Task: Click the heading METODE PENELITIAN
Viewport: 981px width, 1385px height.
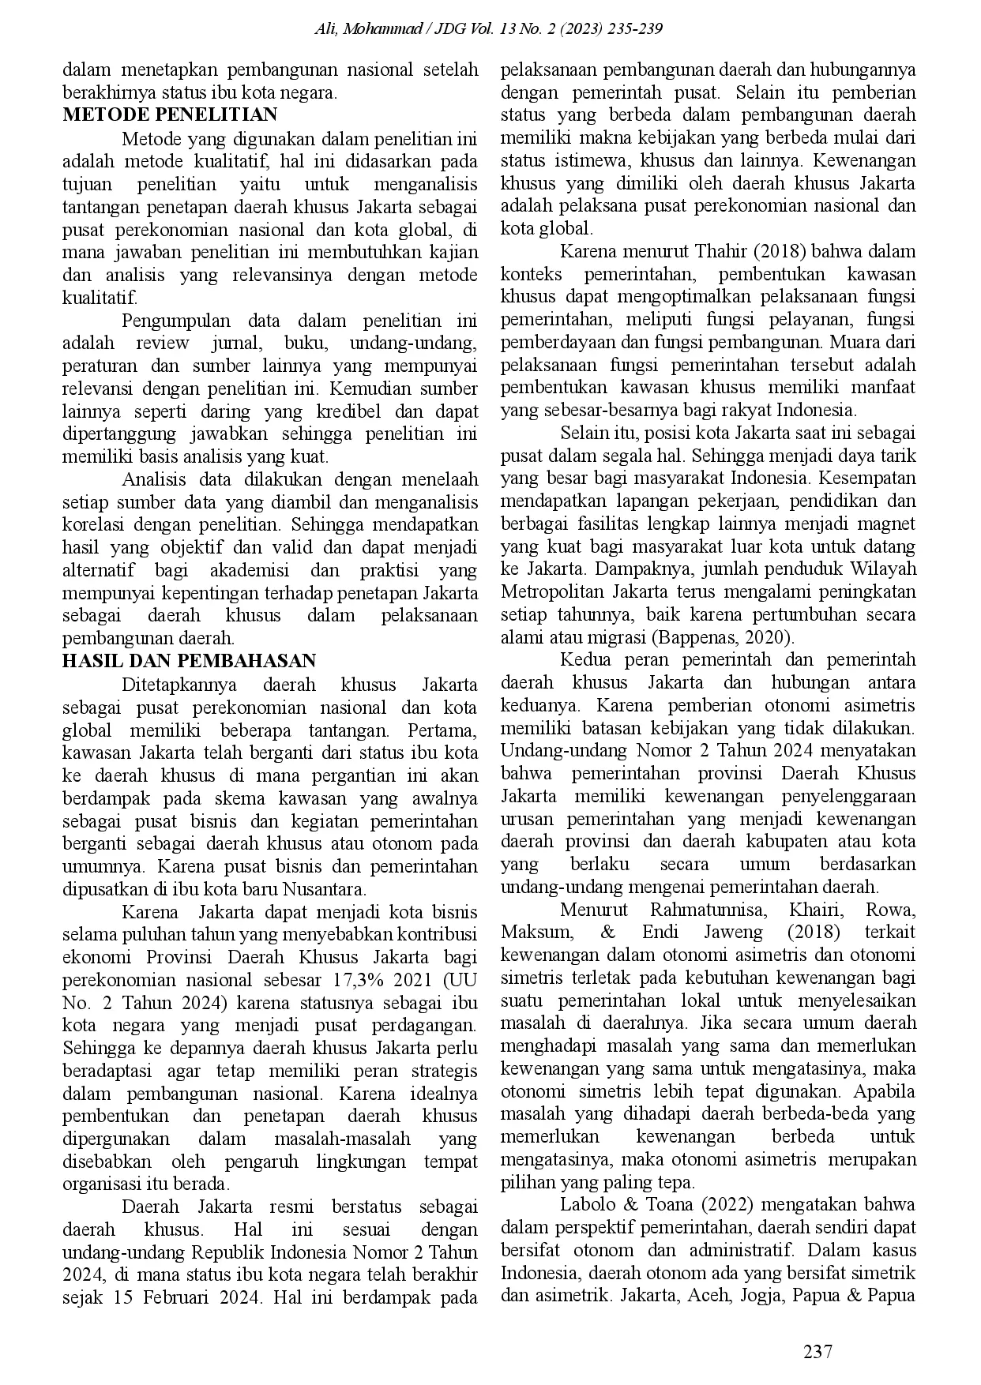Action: [170, 114]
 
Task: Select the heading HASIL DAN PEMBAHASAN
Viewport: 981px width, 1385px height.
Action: [189, 661]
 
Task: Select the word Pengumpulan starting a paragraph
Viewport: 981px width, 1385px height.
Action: [175, 321]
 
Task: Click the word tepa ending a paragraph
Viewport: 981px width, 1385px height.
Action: [679, 1182]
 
